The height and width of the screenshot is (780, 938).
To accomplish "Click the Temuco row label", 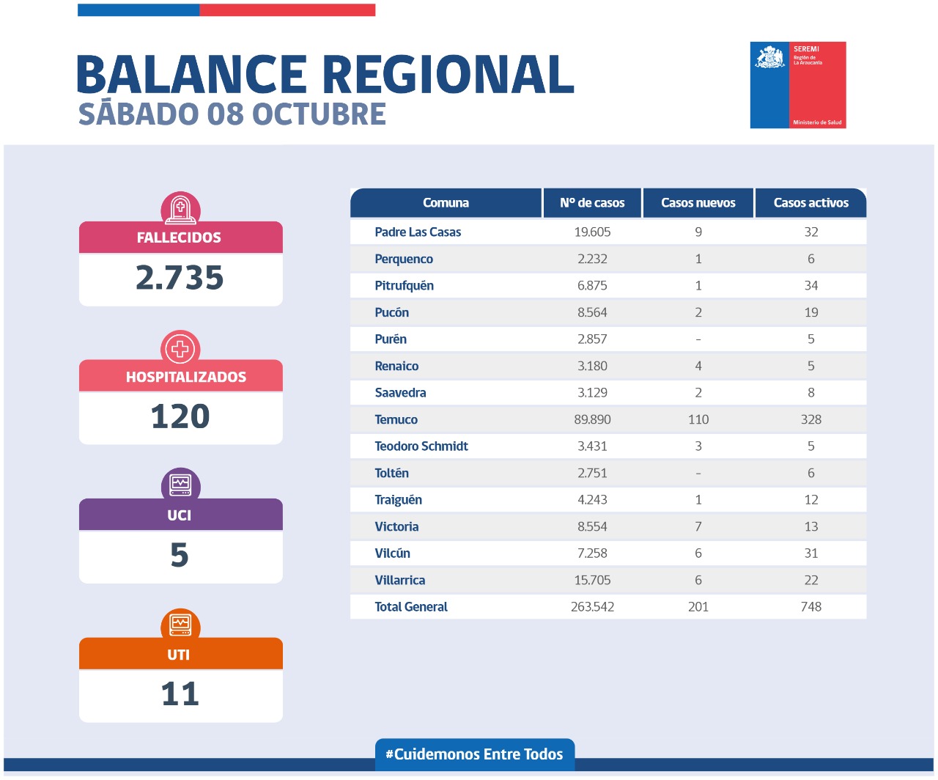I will [x=396, y=419].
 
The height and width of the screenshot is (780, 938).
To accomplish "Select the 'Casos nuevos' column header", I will [x=698, y=203].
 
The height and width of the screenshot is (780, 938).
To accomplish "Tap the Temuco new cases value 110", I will [x=698, y=419].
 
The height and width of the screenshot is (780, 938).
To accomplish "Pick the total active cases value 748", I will [x=810, y=607].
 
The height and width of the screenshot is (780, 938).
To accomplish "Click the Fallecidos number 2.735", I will [x=180, y=278].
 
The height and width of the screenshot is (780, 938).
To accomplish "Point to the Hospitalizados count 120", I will [x=180, y=416].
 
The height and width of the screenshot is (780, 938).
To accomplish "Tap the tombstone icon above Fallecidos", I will [x=180, y=210].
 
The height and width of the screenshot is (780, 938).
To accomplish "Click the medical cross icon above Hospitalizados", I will [x=180, y=348].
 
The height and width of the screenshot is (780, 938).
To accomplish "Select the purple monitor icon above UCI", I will [x=180, y=485].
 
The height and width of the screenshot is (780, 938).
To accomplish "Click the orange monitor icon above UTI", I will [x=180, y=625].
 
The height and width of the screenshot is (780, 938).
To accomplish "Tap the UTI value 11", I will [x=180, y=693].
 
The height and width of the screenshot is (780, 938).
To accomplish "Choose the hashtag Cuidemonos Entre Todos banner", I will [x=475, y=754].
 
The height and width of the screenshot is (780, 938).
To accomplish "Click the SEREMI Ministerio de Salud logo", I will [x=798, y=85].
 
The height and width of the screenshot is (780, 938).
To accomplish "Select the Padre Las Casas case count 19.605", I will [x=592, y=232].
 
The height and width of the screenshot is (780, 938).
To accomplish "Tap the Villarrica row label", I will [x=399, y=581].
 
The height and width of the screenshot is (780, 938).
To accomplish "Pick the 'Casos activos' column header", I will [x=810, y=203].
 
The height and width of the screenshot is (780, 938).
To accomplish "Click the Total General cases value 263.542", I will [x=592, y=607].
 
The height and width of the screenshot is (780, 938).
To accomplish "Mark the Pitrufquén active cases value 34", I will [x=810, y=286].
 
